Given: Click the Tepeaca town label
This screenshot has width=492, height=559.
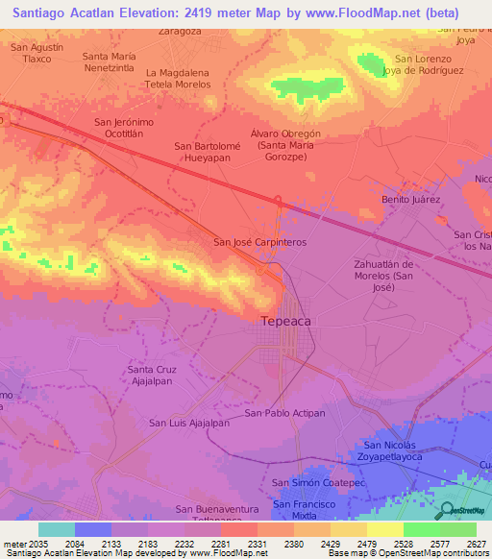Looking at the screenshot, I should [286, 322].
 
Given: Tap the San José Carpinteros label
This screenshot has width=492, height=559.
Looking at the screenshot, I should [259, 243].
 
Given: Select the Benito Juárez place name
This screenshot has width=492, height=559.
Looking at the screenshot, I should [410, 199].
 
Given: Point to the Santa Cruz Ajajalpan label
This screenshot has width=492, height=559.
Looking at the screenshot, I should [152, 375].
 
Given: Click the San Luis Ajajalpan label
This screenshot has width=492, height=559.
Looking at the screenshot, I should [189, 423].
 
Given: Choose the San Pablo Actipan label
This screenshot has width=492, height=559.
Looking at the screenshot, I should [285, 413].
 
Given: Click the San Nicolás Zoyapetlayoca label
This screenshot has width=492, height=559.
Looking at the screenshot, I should [404, 451].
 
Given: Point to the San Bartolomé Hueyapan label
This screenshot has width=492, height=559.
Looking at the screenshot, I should [209, 152].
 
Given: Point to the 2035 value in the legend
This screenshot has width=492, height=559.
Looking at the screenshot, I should [36, 543].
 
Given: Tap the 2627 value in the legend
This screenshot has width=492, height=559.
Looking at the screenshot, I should [475, 543].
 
